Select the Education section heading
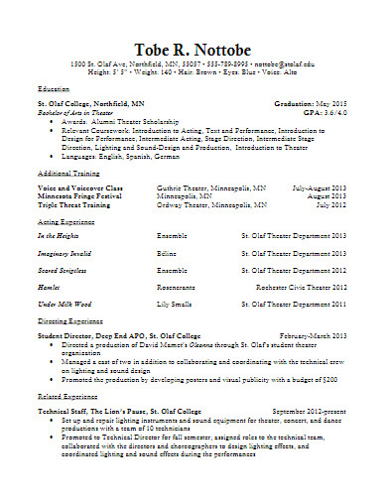click(x=55, y=89)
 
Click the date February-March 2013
click(x=313, y=336)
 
